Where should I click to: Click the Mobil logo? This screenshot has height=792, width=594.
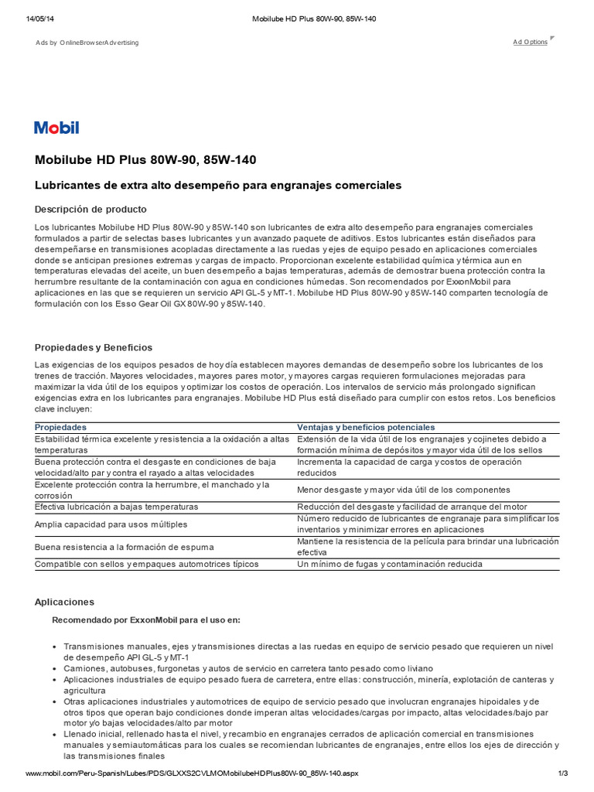(x=56, y=128)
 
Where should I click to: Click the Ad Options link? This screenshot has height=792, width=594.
(x=530, y=42)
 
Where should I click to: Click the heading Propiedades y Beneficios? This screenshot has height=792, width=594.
(x=94, y=347)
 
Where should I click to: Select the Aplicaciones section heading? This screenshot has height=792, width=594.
(x=64, y=601)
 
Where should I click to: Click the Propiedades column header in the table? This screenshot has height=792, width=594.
(x=61, y=427)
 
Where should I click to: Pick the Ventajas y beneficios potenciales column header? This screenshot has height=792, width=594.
(x=366, y=427)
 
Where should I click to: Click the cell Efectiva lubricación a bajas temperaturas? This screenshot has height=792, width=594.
(x=117, y=507)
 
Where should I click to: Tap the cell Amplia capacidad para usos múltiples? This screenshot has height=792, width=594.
(x=111, y=524)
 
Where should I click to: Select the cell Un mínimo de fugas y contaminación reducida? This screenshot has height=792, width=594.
(x=390, y=564)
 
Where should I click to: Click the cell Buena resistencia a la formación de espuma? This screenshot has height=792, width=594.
(x=125, y=548)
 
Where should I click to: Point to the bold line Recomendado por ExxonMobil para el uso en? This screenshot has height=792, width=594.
(x=145, y=620)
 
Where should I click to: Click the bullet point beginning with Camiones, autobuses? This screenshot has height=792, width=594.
(x=248, y=667)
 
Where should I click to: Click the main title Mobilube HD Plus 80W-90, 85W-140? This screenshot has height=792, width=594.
(x=145, y=160)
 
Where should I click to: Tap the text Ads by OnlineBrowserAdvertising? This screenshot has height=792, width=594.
(x=87, y=43)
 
